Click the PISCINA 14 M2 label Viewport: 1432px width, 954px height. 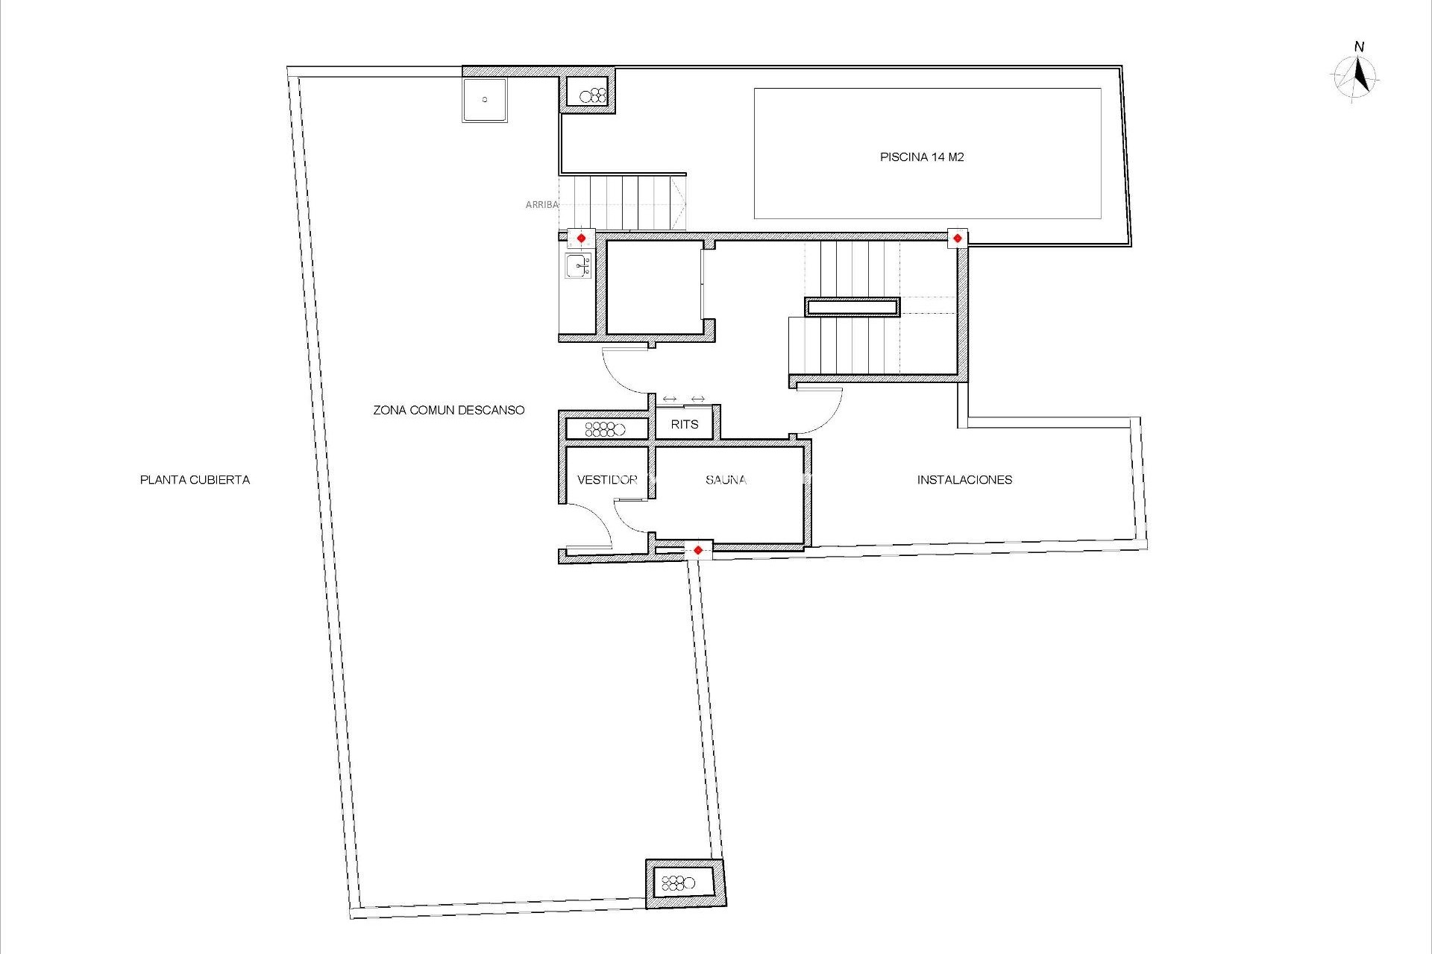pos(922,157)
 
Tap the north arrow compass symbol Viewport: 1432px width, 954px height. pos(1357,77)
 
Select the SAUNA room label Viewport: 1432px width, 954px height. pos(726,480)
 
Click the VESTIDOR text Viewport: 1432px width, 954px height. pos(607,480)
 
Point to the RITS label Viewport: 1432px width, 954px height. pos(685,425)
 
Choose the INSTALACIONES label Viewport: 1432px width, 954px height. pos(964,480)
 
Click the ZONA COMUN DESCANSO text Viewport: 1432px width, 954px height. pos(449,410)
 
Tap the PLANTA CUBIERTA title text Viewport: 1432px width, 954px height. pos(195,480)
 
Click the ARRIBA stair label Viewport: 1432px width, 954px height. pos(541,204)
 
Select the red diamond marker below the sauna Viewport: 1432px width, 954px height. pos(697,551)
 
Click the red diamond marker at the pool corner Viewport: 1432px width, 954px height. pos(958,238)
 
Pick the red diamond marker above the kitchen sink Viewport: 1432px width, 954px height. pos(581,238)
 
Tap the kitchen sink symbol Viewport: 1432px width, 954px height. pos(578,265)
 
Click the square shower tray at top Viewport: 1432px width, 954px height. pos(485,100)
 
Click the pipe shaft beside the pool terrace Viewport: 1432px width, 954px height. pos(588,94)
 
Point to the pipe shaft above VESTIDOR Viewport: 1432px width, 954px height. pos(606,429)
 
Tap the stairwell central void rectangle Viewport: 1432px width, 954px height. pos(852,306)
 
